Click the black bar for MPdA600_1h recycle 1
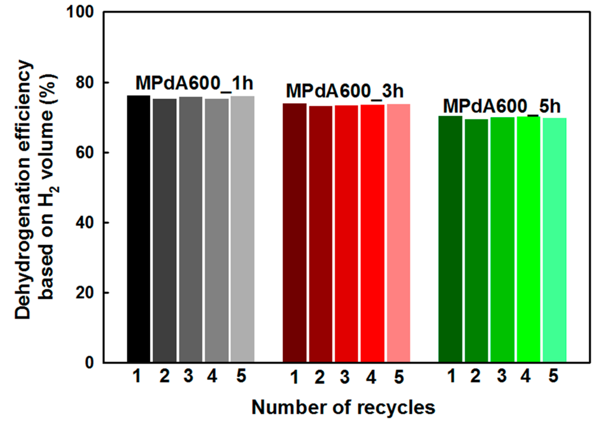[138, 229]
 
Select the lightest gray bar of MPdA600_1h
[242, 229]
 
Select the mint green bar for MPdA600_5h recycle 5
[554, 240]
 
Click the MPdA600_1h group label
[194, 83]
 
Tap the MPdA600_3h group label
[345, 91]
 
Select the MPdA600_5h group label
[502, 106]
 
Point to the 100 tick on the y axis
[80, 12]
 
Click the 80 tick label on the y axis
[85, 83]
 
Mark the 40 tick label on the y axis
[85, 223]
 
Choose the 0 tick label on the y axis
[89, 363]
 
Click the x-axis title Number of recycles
[343, 408]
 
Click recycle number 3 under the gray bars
[188, 376]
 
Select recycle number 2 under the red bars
[320, 377]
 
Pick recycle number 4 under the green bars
[525, 376]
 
